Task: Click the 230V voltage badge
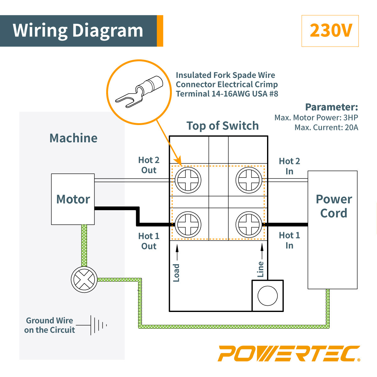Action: point(330,31)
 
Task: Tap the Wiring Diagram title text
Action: point(78,31)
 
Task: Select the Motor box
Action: point(73,199)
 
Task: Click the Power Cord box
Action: point(333,229)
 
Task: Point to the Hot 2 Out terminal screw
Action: point(188,180)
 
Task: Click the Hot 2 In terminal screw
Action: point(249,180)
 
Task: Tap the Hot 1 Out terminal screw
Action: point(188,224)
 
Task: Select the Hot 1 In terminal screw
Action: point(249,224)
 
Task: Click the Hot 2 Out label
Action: point(149,165)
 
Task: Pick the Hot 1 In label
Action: point(289,240)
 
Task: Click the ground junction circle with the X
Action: point(84,279)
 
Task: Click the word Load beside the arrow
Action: point(176,273)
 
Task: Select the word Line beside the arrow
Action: point(260,269)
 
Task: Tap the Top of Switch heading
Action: point(222,126)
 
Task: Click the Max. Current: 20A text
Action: point(326,128)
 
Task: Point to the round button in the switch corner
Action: point(267,296)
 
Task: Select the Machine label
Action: point(74,138)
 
